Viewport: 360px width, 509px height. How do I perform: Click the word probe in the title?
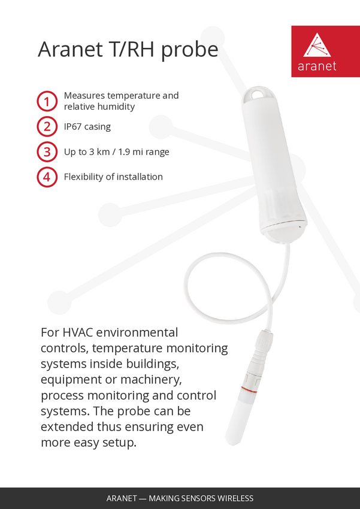pyautogui.click(x=189, y=50)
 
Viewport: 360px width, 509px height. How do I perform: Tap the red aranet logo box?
pyautogui.click(x=326, y=51)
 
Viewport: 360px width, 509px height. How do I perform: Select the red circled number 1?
pyautogui.click(x=47, y=101)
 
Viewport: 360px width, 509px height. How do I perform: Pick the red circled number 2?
pyautogui.click(x=47, y=126)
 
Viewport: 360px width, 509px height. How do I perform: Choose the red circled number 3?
pyautogui.click(x=47, y=152)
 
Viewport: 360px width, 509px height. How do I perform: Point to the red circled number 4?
pyautogui.click(x=47, y=177)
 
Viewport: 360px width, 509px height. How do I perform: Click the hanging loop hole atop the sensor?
pyautogui.click(x=258, y=94)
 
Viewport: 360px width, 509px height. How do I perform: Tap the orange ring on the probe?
pyautogui.click(x=249, y=389)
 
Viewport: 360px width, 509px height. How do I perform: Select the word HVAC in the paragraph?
pyautogui.click(x=78, y=333)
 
